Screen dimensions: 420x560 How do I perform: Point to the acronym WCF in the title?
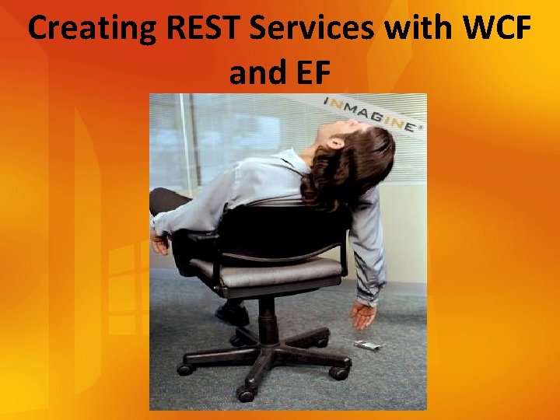(498, 29)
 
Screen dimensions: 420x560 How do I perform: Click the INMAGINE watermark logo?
(372, 114)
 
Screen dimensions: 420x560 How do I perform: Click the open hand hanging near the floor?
(362, 314)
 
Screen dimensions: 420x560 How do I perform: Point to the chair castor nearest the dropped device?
(339, 373)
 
